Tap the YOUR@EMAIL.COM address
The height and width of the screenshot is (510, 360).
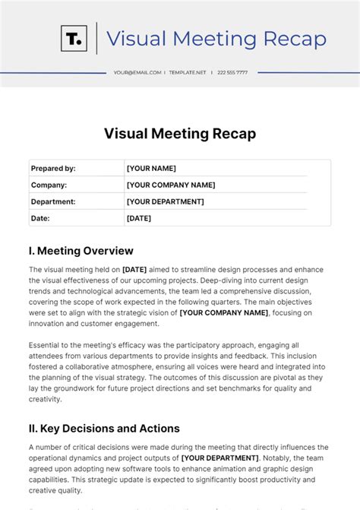(137, 73)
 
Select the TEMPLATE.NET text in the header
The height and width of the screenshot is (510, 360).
(188, 73)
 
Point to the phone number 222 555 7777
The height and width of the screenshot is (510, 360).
(232, 73)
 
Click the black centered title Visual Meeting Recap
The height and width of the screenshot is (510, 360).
(180, 134)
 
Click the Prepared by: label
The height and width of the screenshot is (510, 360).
(53, 169)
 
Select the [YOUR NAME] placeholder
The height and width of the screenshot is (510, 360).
(151, 169)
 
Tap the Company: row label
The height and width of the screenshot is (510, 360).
(49, 185)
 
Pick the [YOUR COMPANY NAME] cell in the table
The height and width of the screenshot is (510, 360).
(171, 185)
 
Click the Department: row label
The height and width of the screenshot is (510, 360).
(53, 201)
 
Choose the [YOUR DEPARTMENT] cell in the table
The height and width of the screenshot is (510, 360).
(165, 201)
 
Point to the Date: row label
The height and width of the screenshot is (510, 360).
(41, 218)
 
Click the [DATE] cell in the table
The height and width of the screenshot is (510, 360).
(139, 218)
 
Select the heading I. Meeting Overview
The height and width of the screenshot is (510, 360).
(81, 251)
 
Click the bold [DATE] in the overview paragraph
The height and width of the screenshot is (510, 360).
(134, 270)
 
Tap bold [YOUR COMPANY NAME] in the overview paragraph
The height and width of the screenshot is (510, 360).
(224, 312)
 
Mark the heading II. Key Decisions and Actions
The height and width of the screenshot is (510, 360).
(104, 428)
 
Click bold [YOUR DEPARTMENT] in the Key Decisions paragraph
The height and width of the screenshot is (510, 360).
(219, 458)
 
